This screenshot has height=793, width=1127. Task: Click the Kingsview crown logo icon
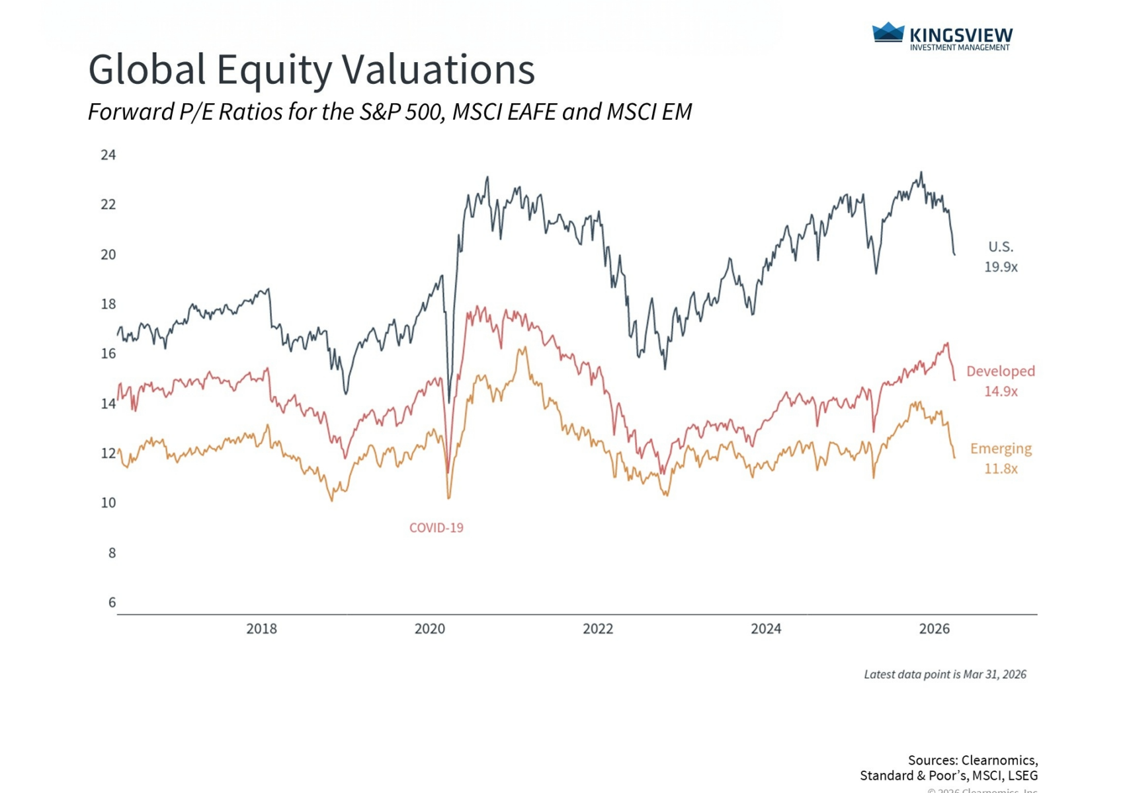click(x=888, y=33)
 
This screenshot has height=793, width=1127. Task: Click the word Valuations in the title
click(x=438, y=69)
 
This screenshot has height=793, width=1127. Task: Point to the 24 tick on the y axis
click(x=108, y=155)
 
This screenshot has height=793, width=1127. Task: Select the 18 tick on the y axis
click(x=108, y=304)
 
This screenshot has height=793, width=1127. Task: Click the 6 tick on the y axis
click(x=112, y=602)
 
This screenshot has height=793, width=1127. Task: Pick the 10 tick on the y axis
click(x=108, y=503)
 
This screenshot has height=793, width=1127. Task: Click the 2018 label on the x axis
click(x=261, y=628)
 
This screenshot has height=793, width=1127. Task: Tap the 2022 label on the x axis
click(x=597, y=628)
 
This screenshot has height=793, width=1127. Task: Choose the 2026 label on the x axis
click(x=934, y=628)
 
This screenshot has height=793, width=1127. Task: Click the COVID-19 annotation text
click(x=436, y=528)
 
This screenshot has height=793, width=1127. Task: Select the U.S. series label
click(x=1000, y=247)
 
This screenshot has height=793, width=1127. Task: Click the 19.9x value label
click(x=1001, y=267)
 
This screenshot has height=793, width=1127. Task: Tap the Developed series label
click(x=1000, y=371)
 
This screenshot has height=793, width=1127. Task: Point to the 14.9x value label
click(x=1001, y=391)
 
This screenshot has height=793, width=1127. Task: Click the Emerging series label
click(x=1000, y=449)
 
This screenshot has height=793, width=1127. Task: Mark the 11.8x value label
click(x=1001, y=469)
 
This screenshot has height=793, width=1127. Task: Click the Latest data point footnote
click(x=944, y=674)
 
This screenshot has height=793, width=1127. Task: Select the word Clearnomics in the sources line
click(x=998, y=760)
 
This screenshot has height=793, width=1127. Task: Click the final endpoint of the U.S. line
click(x=954, y=254)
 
